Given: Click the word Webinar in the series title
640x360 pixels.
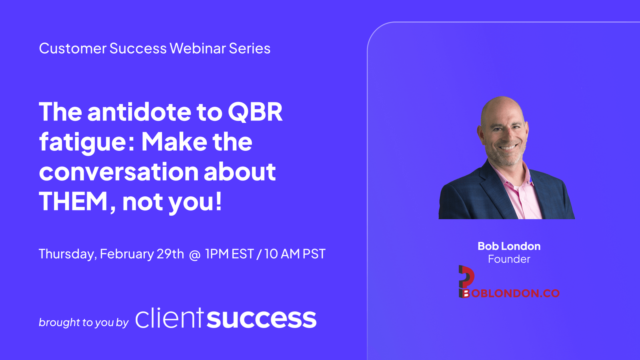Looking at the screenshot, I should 198,48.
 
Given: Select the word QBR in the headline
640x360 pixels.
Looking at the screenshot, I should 255,112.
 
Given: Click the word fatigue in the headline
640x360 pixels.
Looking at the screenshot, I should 83,142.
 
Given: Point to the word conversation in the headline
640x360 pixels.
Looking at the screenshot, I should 118,172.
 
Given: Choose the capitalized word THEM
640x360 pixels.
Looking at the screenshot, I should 74,202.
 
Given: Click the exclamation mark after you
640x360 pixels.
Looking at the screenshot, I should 218,201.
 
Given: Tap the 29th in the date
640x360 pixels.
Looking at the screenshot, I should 170,254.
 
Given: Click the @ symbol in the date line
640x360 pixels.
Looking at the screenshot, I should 195,255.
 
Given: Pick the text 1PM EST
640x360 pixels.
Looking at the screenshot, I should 230,254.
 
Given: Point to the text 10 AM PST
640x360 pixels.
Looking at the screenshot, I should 295,254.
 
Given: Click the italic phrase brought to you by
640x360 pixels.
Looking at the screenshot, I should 84,322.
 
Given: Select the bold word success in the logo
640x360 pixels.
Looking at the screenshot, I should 262,319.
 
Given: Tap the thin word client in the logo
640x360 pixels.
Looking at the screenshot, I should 170,319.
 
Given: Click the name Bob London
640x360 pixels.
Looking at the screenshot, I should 509,246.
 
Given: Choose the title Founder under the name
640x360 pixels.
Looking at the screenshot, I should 509,259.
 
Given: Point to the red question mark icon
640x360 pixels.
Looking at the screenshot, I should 466,276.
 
